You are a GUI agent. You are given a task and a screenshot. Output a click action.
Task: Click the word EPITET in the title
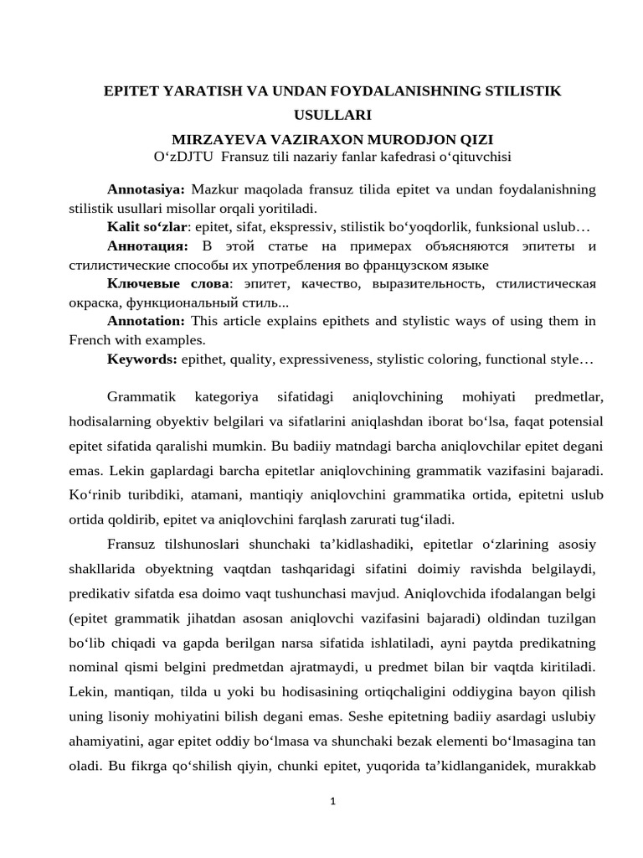coord(129,89)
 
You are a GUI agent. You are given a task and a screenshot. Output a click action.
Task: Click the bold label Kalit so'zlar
coord(145,227)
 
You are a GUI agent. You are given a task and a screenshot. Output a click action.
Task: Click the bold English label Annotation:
coord(146,320)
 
